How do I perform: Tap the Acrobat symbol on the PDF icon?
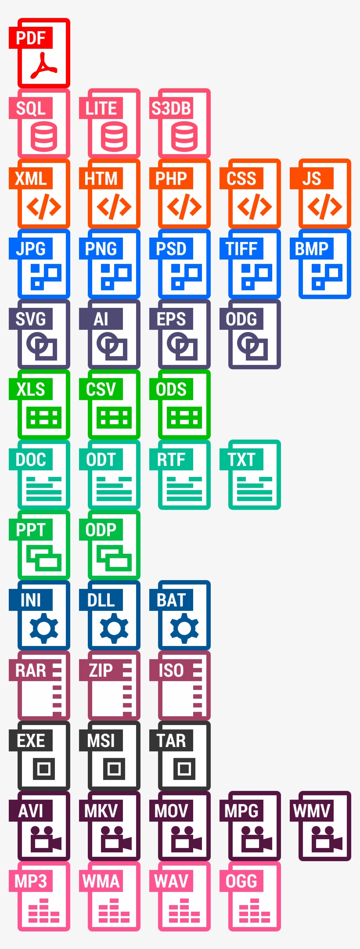[x=43, y=66]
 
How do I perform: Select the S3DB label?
[x=171, y=108]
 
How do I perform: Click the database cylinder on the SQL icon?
[x=43, y=137]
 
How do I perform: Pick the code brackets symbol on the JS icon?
[x=324, y=207]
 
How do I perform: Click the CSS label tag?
[x=241, y=179]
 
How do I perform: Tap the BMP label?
[x=311, y=249]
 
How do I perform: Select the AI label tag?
[x=101, y=319]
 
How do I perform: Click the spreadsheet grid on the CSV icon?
[x=114, y=417]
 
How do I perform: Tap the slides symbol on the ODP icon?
[x=114, y=558]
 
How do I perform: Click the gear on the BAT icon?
[x=184, y=628]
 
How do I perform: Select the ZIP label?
[x=101, y=671]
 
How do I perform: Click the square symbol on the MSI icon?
[x=114, y=769]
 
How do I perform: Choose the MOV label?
[x=171, y=811]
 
